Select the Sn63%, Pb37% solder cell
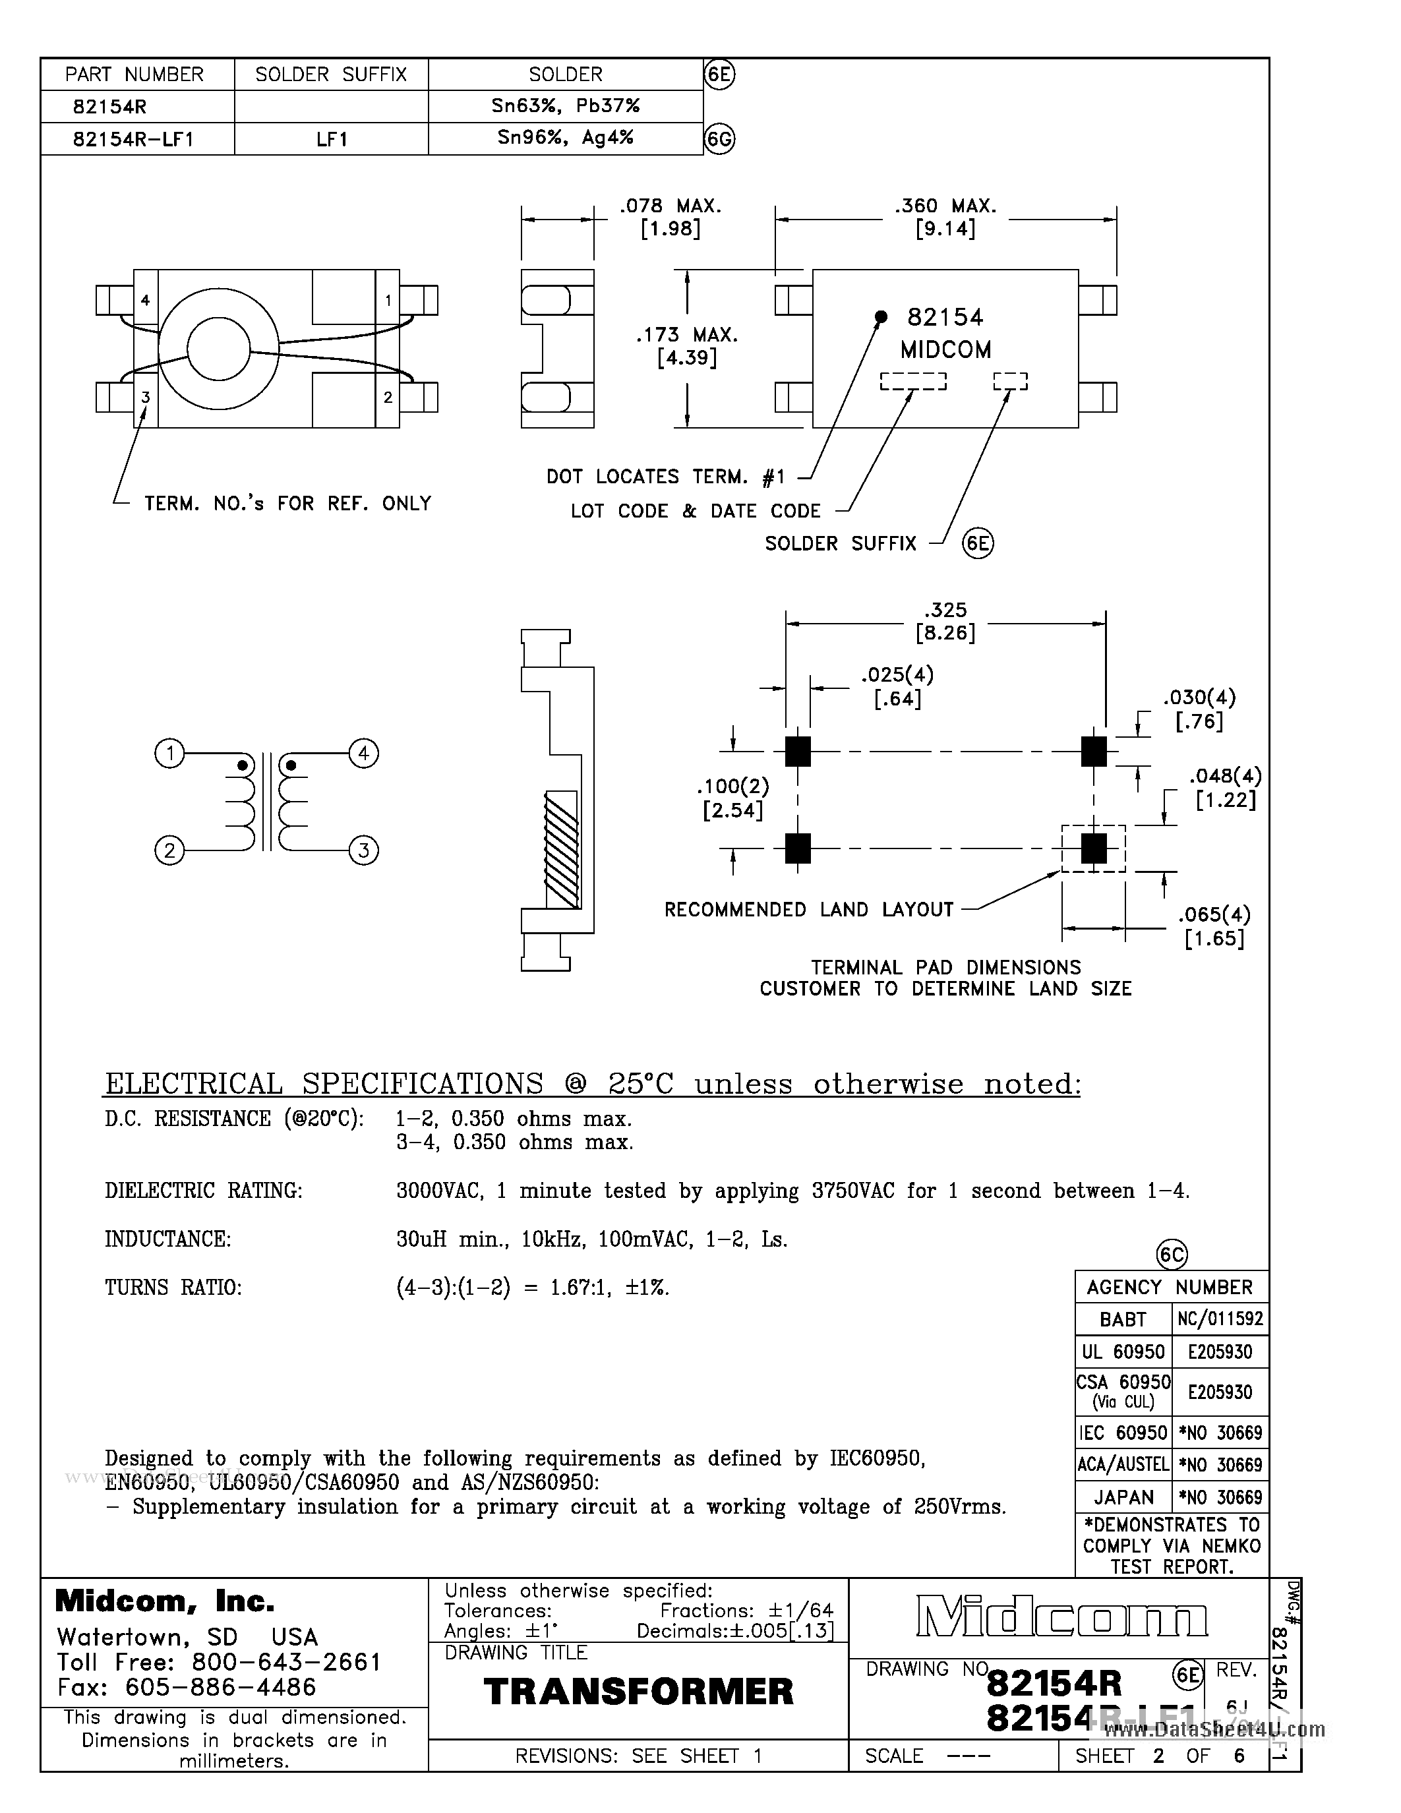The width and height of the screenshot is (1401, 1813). [564, 106]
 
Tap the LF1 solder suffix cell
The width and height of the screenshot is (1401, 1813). [331, 138]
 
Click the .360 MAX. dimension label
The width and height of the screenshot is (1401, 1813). [945, 205]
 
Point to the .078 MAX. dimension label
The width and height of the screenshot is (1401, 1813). [671, 205]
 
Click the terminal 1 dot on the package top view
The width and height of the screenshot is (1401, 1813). [881, 316]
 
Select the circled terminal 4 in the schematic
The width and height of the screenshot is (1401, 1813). [363, 754]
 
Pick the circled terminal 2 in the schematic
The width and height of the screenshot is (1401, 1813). [169, 850]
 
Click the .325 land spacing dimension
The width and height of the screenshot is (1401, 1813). [945, 610]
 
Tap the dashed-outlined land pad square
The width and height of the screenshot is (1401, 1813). [1094, 848]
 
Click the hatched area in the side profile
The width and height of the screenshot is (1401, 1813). [561, 849]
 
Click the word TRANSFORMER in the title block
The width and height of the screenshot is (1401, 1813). [638, 1692]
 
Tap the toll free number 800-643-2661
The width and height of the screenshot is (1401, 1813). [286, 1662]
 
